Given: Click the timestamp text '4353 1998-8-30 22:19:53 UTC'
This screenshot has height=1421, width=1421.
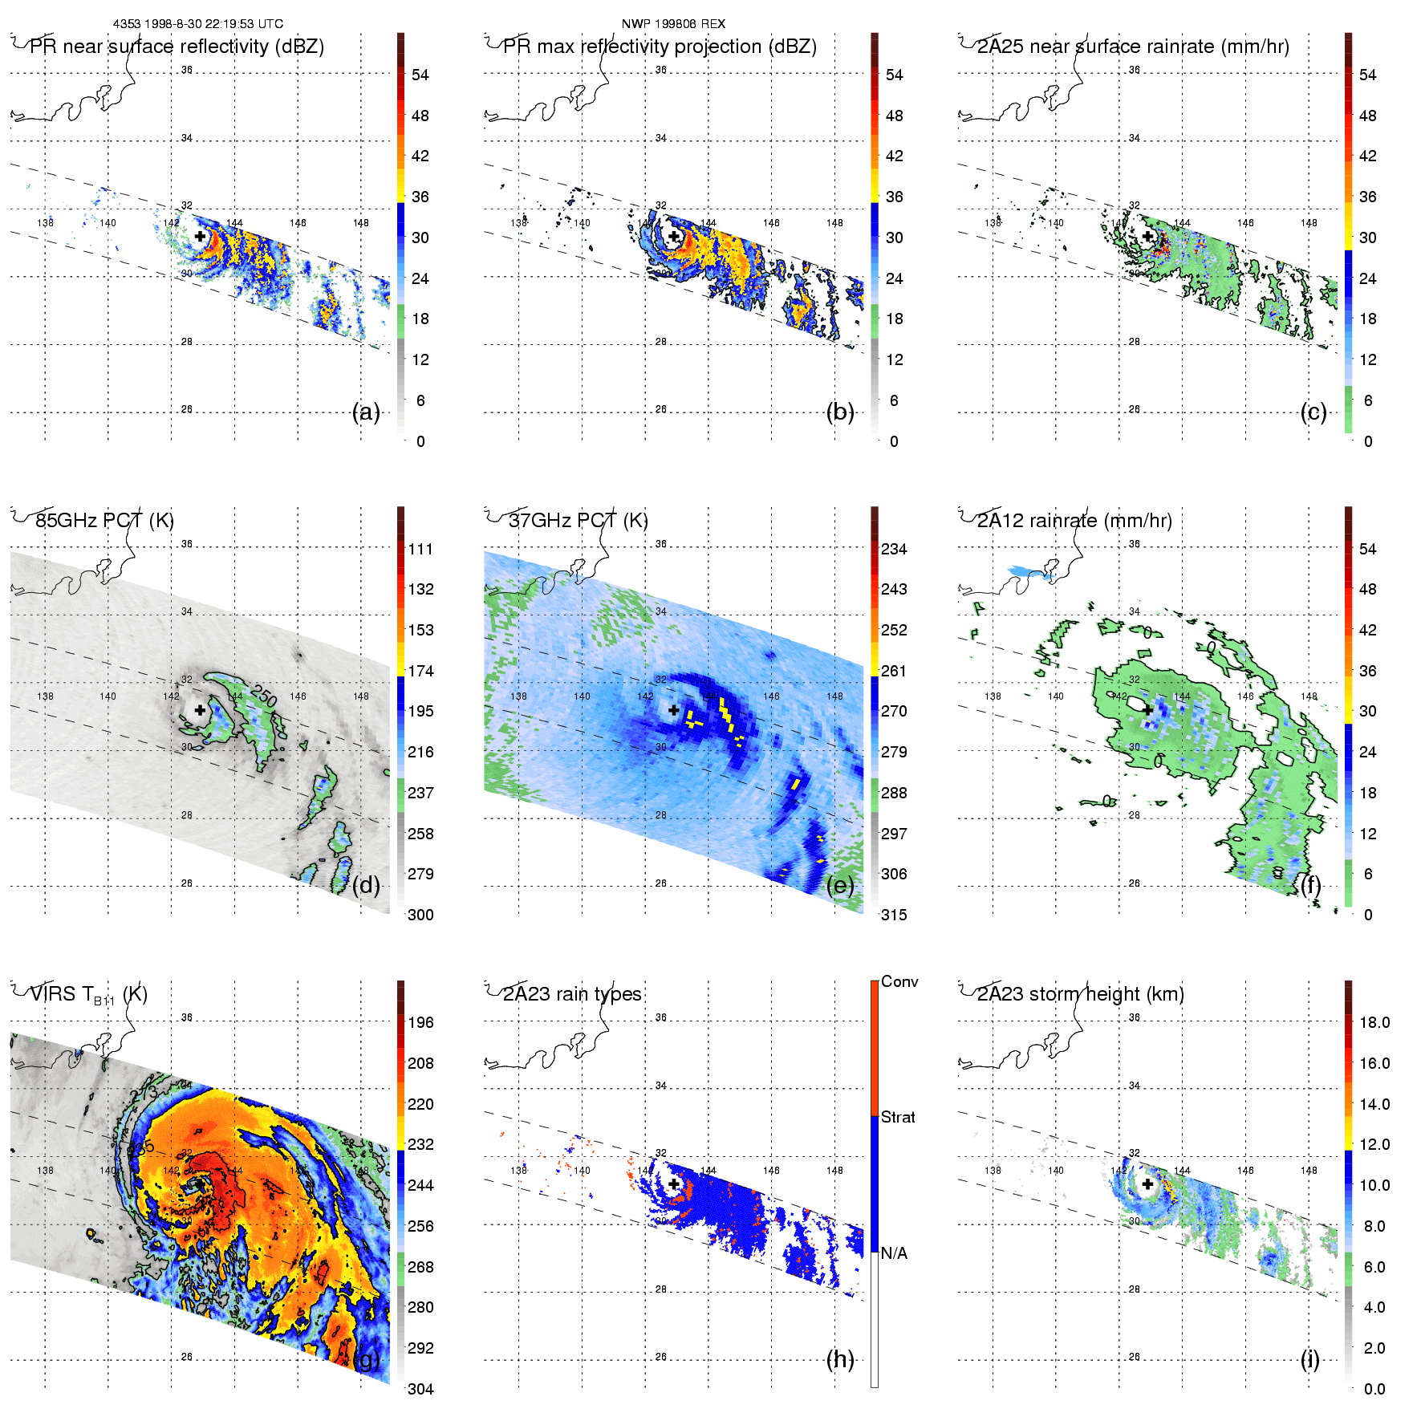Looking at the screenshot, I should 197,24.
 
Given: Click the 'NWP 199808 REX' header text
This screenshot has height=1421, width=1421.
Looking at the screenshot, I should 673,24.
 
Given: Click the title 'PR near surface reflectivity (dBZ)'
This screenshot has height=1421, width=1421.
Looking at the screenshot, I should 177,47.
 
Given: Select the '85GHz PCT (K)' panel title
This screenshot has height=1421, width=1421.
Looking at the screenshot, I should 104,521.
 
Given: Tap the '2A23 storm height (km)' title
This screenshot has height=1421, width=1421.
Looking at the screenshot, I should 1080,994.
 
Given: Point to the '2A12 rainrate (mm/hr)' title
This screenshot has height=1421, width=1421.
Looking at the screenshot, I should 1074,521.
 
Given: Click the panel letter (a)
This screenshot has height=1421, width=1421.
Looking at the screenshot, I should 366,412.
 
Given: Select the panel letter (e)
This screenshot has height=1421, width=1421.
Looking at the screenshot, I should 840,886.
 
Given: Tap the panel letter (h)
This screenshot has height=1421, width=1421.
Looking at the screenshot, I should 840,1359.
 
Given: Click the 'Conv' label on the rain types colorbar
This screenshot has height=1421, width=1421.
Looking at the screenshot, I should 899,981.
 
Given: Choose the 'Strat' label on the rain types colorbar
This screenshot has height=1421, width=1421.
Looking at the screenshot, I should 898,1117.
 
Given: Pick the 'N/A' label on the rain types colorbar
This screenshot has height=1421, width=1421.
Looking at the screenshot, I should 894,1253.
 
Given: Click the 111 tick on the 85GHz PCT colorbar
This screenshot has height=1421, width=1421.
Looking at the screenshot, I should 420,549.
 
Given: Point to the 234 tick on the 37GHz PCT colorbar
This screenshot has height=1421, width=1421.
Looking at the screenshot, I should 894,549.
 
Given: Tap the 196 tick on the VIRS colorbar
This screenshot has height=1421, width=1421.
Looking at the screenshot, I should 420,1022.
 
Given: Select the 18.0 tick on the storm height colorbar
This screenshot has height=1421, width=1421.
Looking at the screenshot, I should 1374,1022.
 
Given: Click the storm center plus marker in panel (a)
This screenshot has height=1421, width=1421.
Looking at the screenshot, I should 200,236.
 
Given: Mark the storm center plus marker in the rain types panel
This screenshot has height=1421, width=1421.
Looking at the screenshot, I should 674,1183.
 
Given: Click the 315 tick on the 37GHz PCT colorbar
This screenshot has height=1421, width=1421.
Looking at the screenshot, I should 894,915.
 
